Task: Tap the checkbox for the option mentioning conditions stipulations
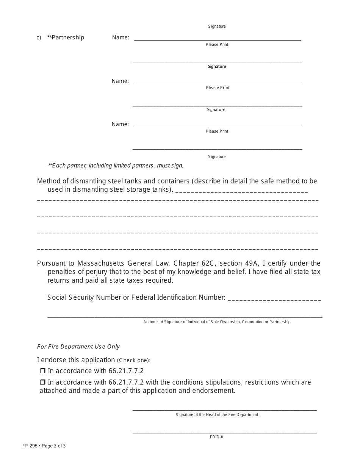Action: (x=42, y=382)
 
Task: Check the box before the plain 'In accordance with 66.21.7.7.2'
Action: (x=42, y=371)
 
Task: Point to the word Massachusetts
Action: (x=100, y=263)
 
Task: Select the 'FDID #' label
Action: (x=216, y=437)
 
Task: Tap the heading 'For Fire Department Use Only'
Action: (x=78, y=347)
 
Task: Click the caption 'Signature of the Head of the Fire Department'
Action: (x=217, y=415)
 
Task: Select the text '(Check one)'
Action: (x=134, y=360)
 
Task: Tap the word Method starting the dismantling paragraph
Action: (x=50, y=181)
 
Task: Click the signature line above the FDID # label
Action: (x=224, y=432)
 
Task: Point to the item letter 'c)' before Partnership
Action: (x=39, y=38)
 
